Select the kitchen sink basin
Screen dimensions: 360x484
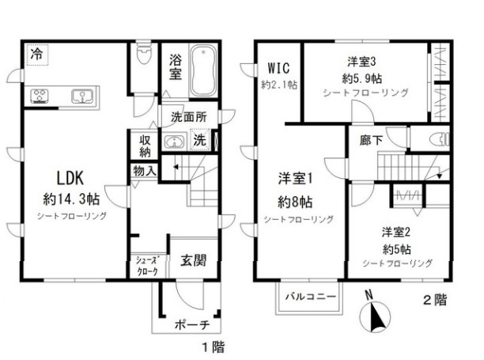coord(81,97)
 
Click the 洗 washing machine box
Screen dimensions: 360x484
coord(199,140)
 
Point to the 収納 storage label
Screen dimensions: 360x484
coord(145,146)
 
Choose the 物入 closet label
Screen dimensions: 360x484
coord(145,170)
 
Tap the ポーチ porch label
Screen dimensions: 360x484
coord(191,325)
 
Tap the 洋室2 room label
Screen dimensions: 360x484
coord(396,232)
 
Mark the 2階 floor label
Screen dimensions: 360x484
coord(435,300)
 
